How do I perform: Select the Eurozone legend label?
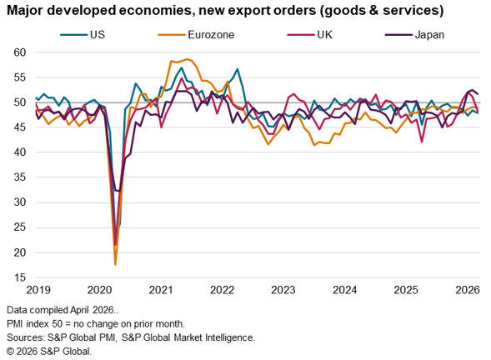[x=211, y=34]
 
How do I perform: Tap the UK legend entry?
[x=324, y=34]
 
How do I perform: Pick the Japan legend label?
[x=429, y=34]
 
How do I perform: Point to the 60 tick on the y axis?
[x=19, y=52]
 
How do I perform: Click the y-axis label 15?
[x=19, y=277]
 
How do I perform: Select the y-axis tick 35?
[x=19, y=177]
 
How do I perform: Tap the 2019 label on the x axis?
[x=38, y=290]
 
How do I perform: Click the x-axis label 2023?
[x=283, y=290]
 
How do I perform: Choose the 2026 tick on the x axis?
[x=468, y=290]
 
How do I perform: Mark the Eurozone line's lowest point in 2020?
[x=116, y=264]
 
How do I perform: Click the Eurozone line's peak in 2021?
[x=188, y=59]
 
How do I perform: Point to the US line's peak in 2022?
[x=238, y=69]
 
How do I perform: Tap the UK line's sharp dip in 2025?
[x=422, y=142]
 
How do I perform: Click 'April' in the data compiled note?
[x=79, y=310]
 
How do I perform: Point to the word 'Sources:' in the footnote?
[x=26, y=337]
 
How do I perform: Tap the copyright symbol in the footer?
[x=10, y=351]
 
